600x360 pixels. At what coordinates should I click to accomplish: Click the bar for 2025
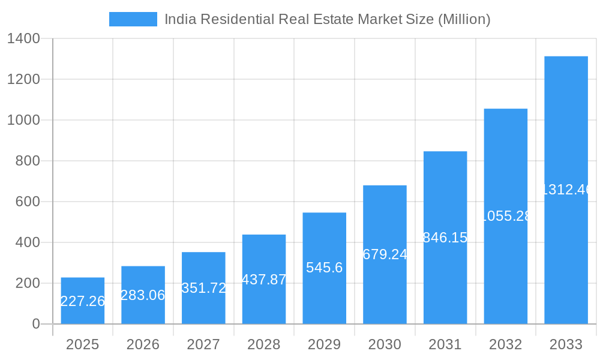tap(83, 301)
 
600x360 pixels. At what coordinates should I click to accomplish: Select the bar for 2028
tap(264, 279)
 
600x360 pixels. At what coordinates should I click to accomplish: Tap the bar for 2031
tap(445, 238)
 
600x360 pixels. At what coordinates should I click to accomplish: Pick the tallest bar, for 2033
tap(566, 190)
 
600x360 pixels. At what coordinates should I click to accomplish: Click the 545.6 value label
tap(324, 268)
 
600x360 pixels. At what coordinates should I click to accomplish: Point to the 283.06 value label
tap(143, 295)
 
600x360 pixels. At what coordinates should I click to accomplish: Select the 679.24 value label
tap(385, 254)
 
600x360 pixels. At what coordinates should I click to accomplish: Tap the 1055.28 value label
tap(506, 216)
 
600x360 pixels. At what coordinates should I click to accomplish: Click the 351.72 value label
tap(204, 288)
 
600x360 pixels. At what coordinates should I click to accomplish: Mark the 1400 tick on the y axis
tap(23, 39)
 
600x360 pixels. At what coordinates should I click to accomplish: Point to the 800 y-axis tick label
tap(28, 161)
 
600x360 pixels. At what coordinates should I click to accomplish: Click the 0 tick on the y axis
tap(35, 324)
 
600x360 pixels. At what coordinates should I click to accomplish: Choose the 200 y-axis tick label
tap(28, 283)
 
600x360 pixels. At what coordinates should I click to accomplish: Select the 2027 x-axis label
tap(203, 344)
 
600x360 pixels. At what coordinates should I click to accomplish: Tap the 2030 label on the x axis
tap(385, 344)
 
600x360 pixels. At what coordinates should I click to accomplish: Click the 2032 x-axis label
tap(505, 344)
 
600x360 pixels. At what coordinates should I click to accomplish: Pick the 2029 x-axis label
tap(324, 344)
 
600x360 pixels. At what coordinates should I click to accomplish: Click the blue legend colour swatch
tap(133, 19)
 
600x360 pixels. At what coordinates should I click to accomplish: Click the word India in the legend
tap(179, 19)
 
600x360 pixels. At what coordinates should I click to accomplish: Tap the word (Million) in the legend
tap(464, 19)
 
